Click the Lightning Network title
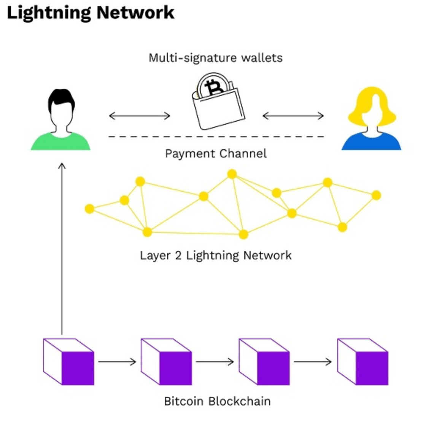pyautogui.click(x=91, y=13)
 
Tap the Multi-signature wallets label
pyautogui.click(x=215, y=58)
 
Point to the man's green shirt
pyautogui.click(x=60, y=142)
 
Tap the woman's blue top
pyautogui.click(x=371, y=143)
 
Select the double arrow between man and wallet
pyautogui.click(x=139, y=116)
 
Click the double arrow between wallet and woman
pyautogui.click(x=293, y=116)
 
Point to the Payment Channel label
pyautogui.click(x=215, y=154)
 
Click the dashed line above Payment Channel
pyautogui.click(x=216, y=137)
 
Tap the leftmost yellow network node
pyautogui.click(x=90, y=208)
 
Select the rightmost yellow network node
pyautogui.click(x=376, y=195)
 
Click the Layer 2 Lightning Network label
pyautogui.click(x=215, y=255)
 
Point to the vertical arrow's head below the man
pyautogui.click(x=62, y=166)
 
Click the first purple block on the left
pyautogui.click(x=68, y=362)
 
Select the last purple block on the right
pyautogui.click(x=363, y=362)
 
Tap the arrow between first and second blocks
pyautogui.click(x=117, y=362)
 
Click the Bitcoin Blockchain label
pyautogui.click(x=217, y=401)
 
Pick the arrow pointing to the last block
pyautogui.click(x=313, y=362)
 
